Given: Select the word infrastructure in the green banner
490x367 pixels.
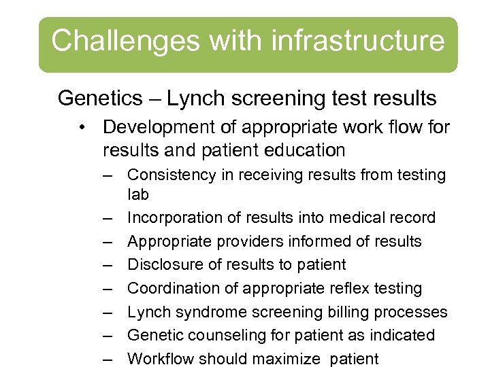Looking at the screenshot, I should [x=359, y=41].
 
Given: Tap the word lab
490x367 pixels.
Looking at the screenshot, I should [x=137, y=194].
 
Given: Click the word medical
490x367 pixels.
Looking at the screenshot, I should [x=348, y=218].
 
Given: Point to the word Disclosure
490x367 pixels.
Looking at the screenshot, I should [x=165, y=265].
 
